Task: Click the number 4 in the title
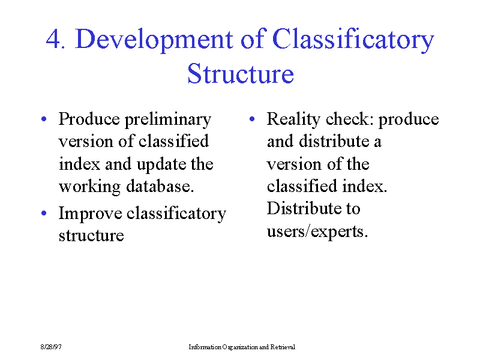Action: (54, 39)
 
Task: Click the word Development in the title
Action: (154, 39)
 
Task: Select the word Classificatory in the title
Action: (353, 39)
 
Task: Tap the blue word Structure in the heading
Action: (241, 73)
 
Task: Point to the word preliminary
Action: (168, 119)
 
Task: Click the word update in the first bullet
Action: (161, 164)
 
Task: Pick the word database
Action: (160, 186)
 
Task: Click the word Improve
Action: (90, 214)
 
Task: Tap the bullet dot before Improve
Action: (44, 213)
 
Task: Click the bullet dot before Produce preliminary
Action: (44, 119)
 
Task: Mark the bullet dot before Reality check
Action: (252, 119)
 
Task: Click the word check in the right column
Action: (350, 119)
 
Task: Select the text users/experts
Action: (317, 232)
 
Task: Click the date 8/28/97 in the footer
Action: (51, 347)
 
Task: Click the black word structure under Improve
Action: (91, 236)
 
